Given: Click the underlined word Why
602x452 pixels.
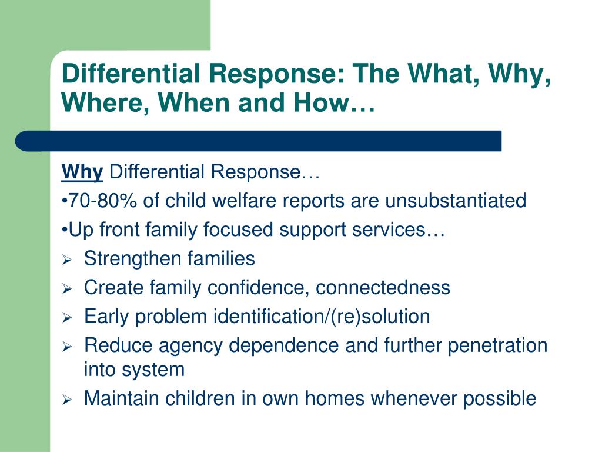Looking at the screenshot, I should (82, 172).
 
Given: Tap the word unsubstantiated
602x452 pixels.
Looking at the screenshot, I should (456, 201).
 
